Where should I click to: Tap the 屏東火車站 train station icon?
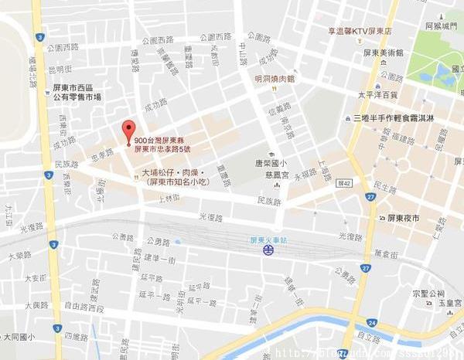pos(266,251)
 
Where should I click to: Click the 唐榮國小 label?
pos(271,163)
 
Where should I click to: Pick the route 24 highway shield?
pos(371,321)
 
